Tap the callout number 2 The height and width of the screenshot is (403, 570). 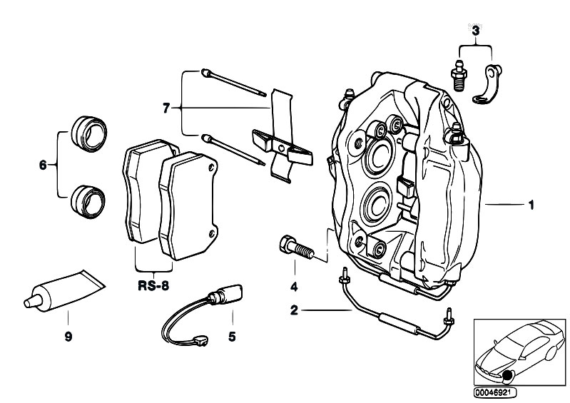click(x=293, y=310)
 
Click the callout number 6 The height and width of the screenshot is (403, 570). click(x=43, y=165)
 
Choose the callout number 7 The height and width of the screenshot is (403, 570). click(x=166, y=108)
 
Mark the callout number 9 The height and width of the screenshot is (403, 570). click(x=68, y=335)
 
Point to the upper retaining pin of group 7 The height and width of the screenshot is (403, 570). click(x=235, y=83)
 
